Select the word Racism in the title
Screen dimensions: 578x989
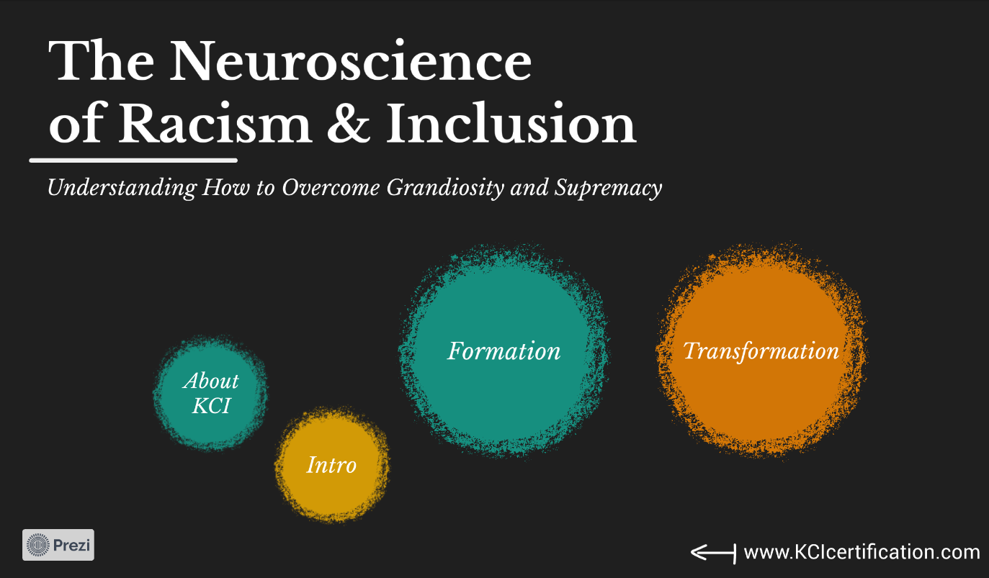(x=215, y=125)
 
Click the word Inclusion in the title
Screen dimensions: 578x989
(x=511, y=125)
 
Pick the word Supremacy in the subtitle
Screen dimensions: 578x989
(x=609, y=189)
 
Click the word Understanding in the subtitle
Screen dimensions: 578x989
(x=121, y=189)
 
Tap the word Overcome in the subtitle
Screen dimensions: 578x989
(x=331, y=189)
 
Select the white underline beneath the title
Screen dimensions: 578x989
(x=133, y=159)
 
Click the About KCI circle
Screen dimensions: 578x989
(x=210, y=393)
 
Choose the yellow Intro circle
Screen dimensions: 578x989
(x=331, y=465)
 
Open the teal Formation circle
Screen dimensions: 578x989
(x=504, y=351)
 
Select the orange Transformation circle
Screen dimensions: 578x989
(x=761, y=351)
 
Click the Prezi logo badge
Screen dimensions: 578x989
(x=58, y=545)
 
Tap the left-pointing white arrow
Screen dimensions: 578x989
(x=712, y=552)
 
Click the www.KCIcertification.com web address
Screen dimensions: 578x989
(x=862, y=552)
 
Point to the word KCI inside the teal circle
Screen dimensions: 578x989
(x=211, y=406)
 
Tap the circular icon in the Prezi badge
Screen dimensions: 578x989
(x=39, y=545)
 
